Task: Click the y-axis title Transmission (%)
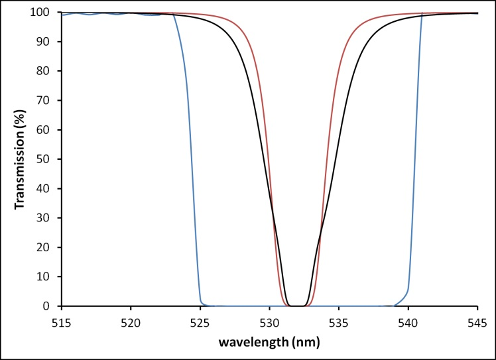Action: (21, 159)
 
